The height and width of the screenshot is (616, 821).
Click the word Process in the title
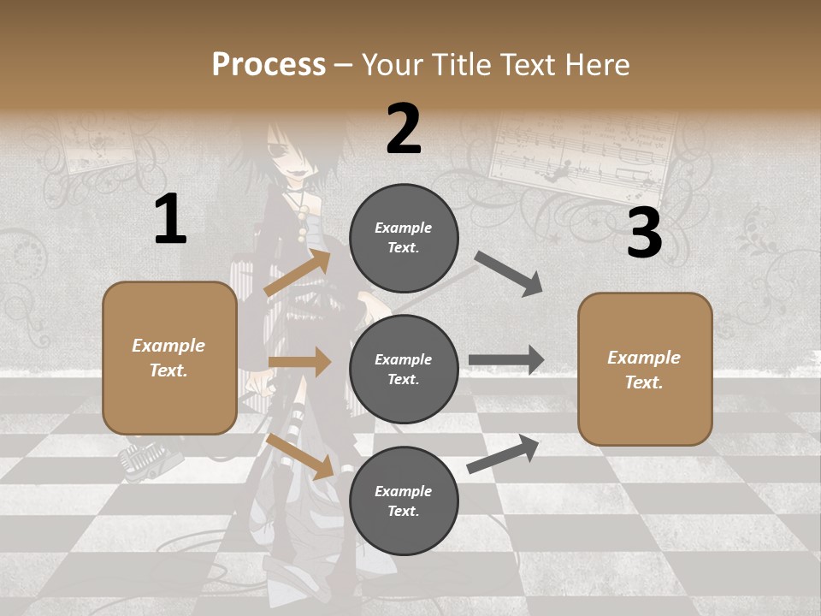(x=269, y=65)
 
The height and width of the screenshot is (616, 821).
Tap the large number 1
(x=170, y=219)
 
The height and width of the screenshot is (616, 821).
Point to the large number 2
(x=404, y=129)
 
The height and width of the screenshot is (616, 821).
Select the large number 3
(x=644, y=233)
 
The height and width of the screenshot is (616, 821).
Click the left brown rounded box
(x=169, y=358)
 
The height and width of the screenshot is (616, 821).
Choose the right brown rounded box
(x=645, y=370)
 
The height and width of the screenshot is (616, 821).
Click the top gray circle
(x=404, y=238)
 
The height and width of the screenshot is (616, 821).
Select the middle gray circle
(x=404, y=369)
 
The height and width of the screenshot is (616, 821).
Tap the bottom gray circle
(x=404, y=500)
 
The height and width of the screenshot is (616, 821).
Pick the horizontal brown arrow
(x=299, y=362)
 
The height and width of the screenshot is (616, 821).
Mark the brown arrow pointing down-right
(x=299, y=456)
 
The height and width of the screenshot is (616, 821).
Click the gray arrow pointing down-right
(x=508, y=274)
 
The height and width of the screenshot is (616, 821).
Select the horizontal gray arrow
(x=506, y=360)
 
